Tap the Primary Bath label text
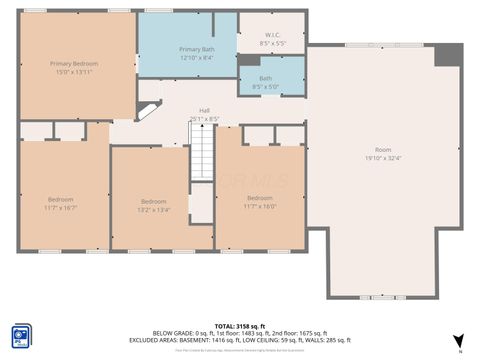click(x=196, y=49)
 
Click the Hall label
click(x=204, y=110)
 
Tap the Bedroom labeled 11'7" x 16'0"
click(x=259, y=198)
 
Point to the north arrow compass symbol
click(x=459, y=342)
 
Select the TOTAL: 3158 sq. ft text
click(x=240, y=325)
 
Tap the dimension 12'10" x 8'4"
click(x=196, y=58)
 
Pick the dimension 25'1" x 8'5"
click(x=204, y=119)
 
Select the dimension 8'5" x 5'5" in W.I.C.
click(x=272, y=44)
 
